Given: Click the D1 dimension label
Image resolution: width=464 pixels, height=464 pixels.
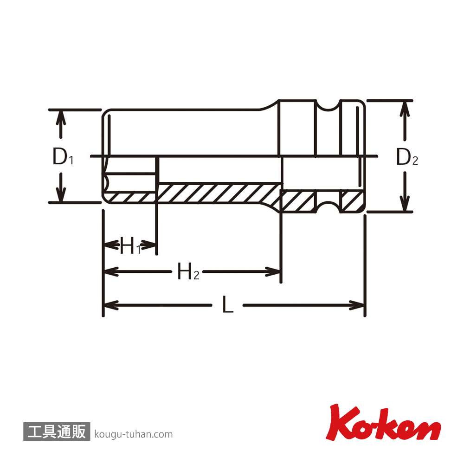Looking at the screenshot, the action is (63, 156).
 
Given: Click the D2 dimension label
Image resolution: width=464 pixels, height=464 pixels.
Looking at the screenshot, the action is (407, 157).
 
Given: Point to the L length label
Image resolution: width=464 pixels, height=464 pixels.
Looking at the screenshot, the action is (228, 304).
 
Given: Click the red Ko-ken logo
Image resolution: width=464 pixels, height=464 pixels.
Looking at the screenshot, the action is (383, 423).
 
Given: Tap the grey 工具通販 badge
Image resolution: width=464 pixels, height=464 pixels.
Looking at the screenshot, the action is (57, 431).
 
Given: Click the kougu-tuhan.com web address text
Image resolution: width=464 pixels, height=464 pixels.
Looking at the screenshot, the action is (134, 434).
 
